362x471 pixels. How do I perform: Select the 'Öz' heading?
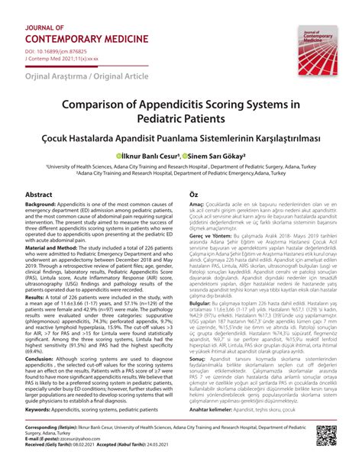pos(194,195)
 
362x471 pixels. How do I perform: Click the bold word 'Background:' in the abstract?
pos(46,207)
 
